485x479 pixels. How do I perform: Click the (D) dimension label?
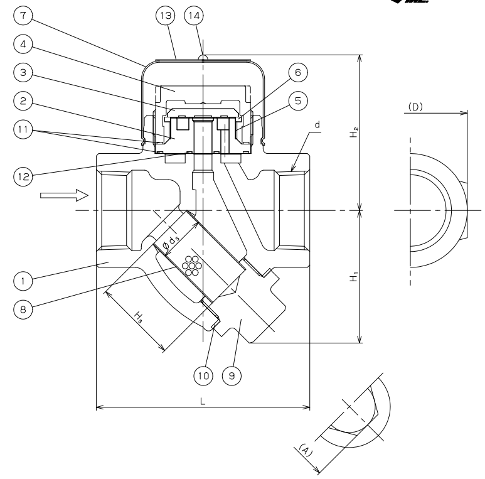point(415,107)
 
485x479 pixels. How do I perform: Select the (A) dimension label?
point(305,450)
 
